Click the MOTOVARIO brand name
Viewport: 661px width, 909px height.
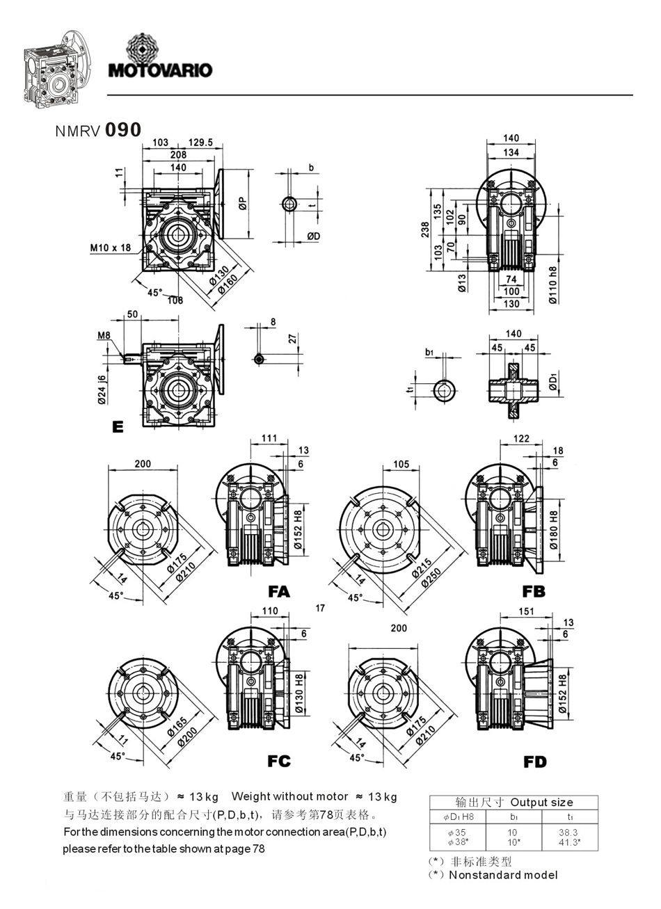160,70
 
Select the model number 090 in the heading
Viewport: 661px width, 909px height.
123,129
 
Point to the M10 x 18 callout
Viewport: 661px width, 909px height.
111,247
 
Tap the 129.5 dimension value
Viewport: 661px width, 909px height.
200,143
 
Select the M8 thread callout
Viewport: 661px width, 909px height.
104,336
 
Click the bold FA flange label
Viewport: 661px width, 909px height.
278,592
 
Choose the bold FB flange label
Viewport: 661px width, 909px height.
534,592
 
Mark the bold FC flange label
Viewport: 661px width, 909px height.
278,762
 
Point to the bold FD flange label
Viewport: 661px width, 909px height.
535,762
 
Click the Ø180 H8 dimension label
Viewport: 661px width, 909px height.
554,531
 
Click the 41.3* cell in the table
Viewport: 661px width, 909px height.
569,842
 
